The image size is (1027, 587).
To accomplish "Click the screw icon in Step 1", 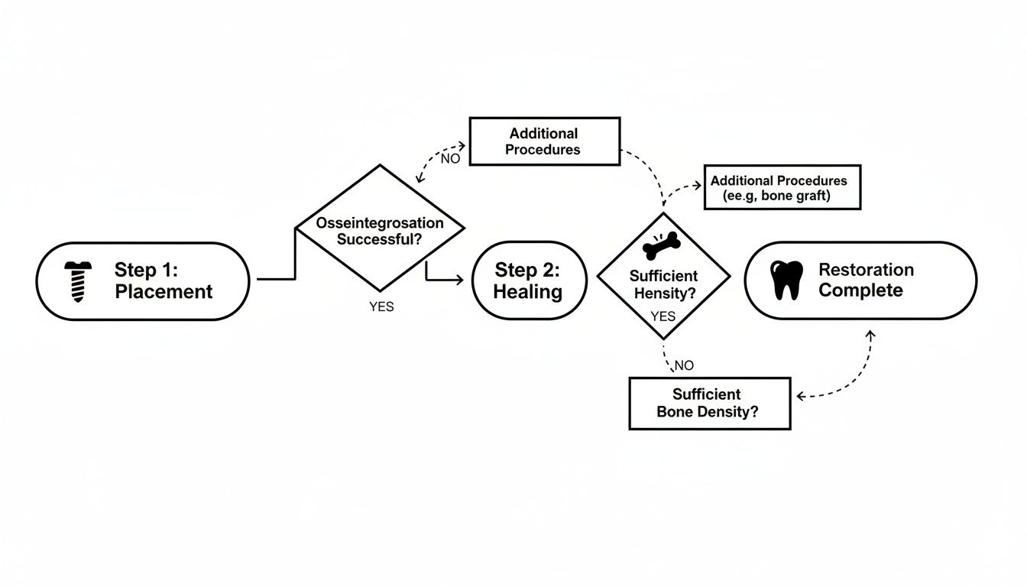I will [x=78, y=281].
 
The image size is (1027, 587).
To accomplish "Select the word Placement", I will [x=164, y=291].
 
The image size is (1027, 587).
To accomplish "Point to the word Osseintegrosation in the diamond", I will [x=381, y=223].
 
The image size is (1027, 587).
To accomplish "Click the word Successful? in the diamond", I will [x=380, y=238].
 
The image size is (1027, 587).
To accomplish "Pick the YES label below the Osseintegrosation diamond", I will [x=381, y=307].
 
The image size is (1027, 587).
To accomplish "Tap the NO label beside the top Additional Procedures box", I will [x=451, y=159].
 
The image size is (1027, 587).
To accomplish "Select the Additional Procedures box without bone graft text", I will [x=543, y=141].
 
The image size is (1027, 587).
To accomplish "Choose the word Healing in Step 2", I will [x=528, y=291].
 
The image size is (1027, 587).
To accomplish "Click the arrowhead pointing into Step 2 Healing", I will [x=459, y=281].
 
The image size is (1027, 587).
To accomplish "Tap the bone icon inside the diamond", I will [x=661, y=245].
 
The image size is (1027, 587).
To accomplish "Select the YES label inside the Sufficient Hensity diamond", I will [x=663, y=316].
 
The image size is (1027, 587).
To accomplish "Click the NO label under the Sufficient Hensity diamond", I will [x=684, y=365].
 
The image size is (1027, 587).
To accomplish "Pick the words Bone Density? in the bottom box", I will [x=708, y=411].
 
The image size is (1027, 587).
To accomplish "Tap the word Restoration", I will [x=866, y=270].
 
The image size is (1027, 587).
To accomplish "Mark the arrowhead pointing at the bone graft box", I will [x=698, y=186].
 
